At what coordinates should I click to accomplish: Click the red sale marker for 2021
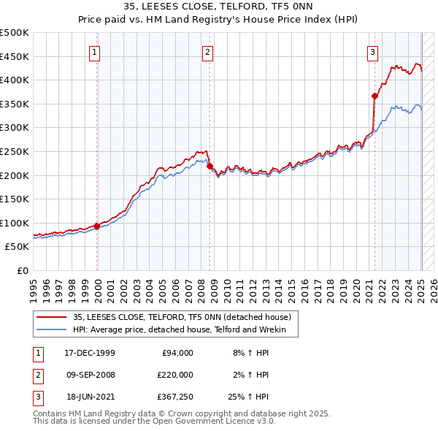tap(374, 96)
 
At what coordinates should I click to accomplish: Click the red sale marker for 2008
tap(210, 166)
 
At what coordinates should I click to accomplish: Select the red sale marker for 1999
tap(97, 226)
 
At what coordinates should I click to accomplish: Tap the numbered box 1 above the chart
tap(96, 52)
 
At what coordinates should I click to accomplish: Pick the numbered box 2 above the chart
tap(208, 52)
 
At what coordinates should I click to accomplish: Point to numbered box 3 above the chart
tap(372, 52)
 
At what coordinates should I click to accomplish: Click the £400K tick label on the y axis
tap(15, 80)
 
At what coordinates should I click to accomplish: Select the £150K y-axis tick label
tap(15, 199)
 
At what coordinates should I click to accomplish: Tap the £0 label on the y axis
tap(23, 270)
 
